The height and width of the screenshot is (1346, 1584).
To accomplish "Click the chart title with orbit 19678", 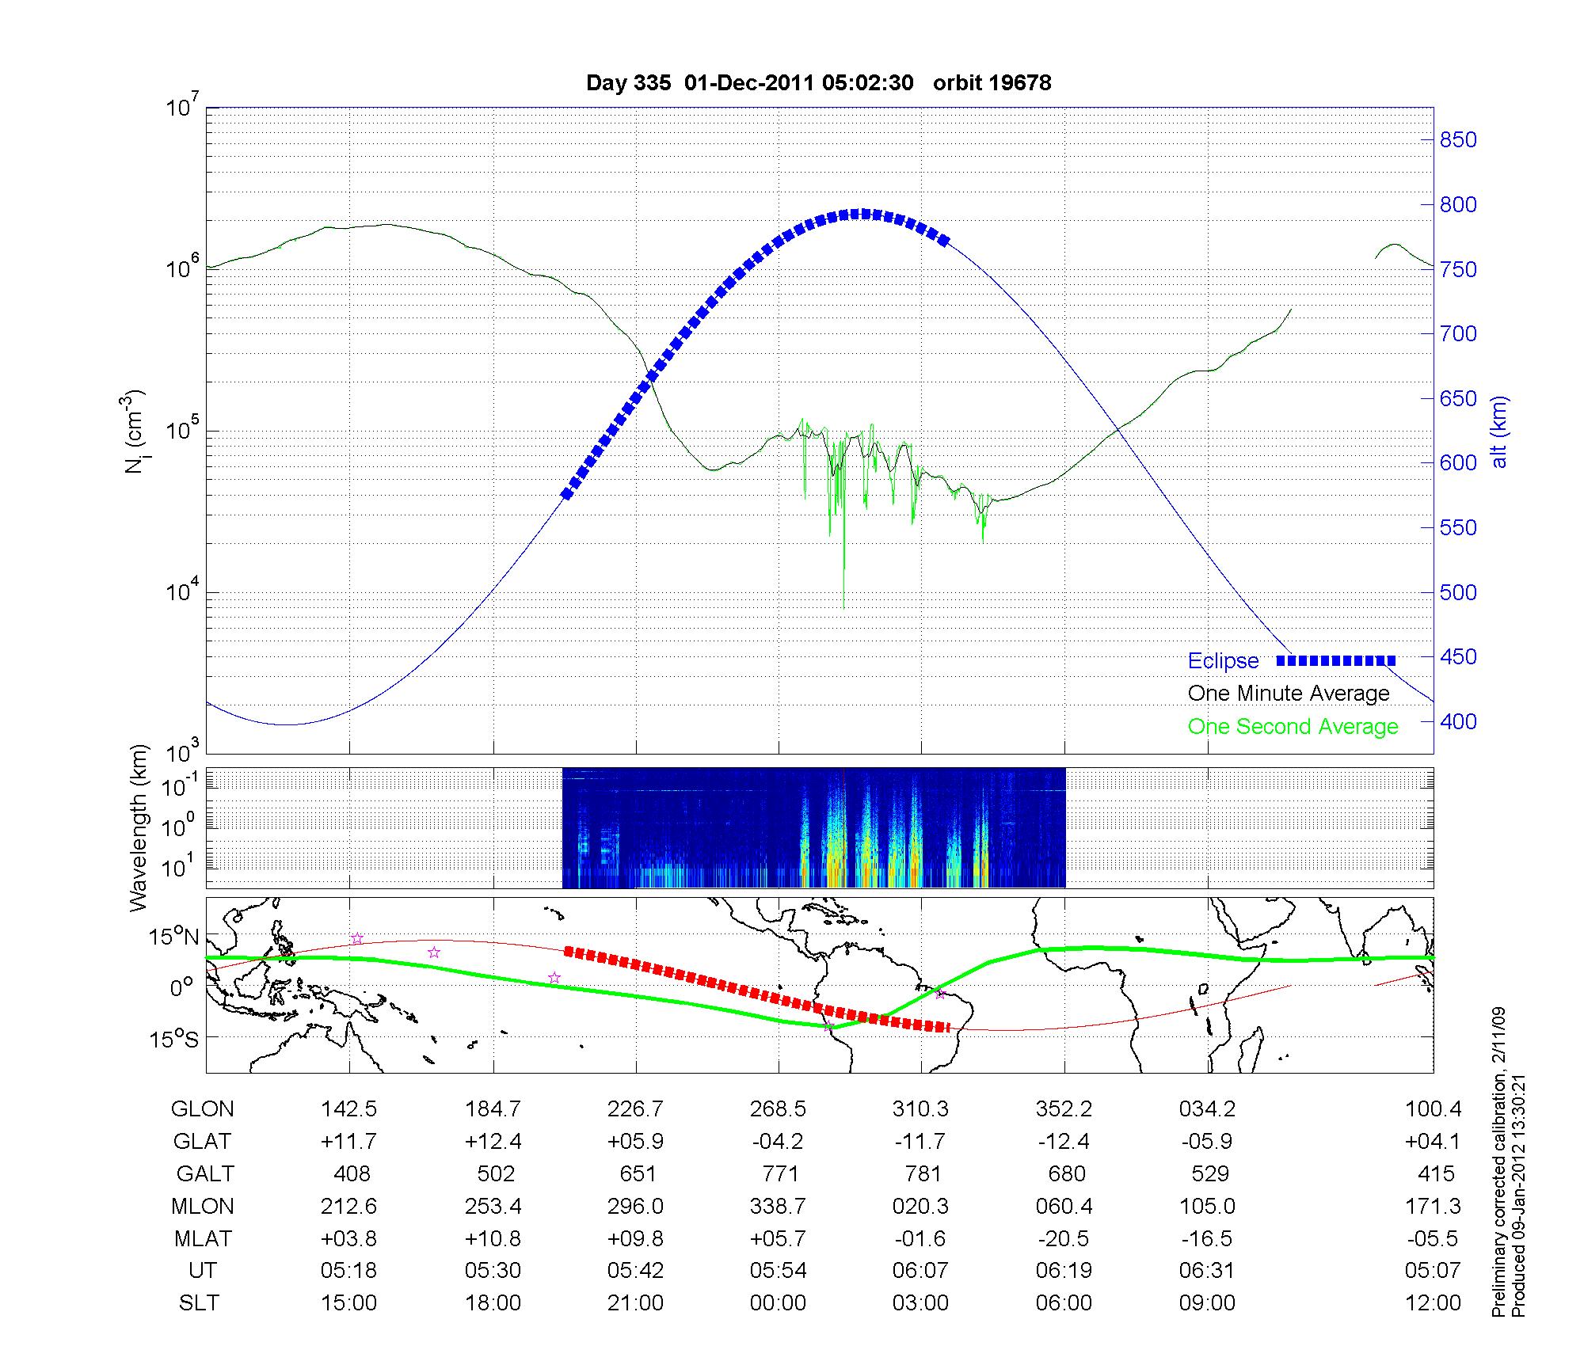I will (818, 82).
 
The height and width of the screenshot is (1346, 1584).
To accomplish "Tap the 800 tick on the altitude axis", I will (1457, 205).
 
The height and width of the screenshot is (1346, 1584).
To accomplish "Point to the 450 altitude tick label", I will (1457, 657).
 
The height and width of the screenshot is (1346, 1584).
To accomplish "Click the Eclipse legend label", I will (1223, 661).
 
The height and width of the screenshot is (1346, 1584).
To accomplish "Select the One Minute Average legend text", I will (1289, 694).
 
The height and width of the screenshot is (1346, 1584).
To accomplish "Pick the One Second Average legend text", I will (1293, 727).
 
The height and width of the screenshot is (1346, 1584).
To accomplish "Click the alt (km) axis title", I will (1499, 432).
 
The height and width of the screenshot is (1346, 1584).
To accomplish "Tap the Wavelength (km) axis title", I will (139, 827).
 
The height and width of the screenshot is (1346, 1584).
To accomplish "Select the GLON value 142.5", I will (348, 1109).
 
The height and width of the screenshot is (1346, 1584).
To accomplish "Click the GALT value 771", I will (779, 1173).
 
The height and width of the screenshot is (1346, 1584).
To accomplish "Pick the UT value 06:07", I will (920, 1271).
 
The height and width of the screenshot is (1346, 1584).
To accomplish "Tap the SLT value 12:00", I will (1432, 1302).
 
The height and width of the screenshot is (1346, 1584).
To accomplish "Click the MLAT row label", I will (203, 1238).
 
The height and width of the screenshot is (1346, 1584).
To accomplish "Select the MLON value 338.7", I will (779, 1206).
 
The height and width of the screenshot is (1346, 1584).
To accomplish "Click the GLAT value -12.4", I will (1064, 1142).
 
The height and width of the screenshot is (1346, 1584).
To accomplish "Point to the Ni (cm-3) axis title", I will (134, 432).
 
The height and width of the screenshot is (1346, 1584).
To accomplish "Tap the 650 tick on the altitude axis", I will (1457, 399).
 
